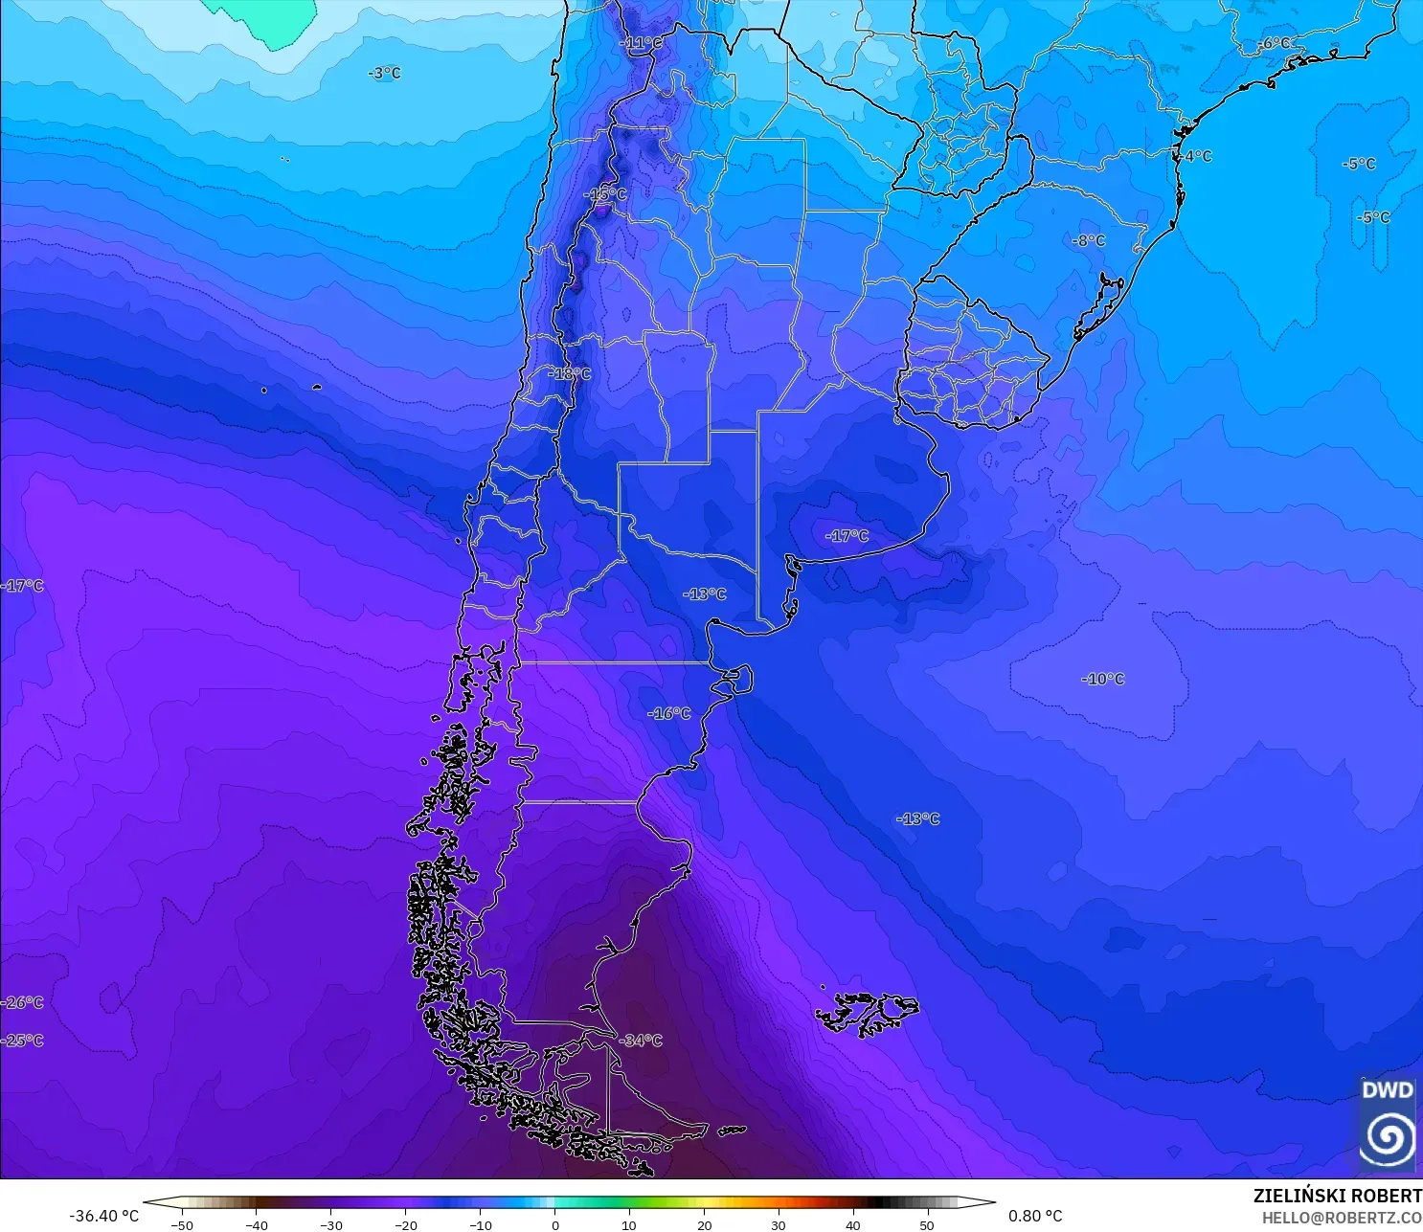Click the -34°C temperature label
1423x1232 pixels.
tap(641, 1041)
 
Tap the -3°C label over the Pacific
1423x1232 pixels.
tap(385, 74)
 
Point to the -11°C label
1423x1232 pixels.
tap(641, 43)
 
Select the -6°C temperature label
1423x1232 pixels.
tap(1276, 43)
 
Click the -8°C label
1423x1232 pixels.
tap(1089, 241)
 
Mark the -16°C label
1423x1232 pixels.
tap(668, 713)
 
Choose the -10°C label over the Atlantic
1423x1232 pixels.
tap(1103, 679)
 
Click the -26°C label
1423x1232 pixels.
tap(23, 1002)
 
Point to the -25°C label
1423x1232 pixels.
tap(23, 1041)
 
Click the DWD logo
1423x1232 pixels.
tap(1388, 1122)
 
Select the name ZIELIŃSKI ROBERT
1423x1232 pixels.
tap(1337, 1197)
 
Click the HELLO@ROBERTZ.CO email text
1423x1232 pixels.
tap(1342, 1218)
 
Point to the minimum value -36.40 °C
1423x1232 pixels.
tap(103, 1216)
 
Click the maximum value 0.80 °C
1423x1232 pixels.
tap(1035, 1216)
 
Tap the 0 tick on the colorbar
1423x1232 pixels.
tap(555, 1224)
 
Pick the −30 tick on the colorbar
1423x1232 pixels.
tap(331, 1224)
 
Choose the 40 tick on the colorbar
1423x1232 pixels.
tap(853, 1224)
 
